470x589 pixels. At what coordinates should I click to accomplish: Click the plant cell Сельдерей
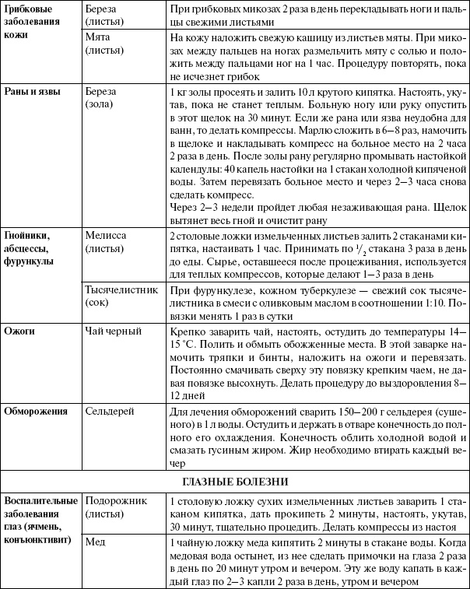click(x=111, y=409)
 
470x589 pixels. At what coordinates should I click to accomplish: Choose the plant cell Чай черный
click(x=114, y=332)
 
